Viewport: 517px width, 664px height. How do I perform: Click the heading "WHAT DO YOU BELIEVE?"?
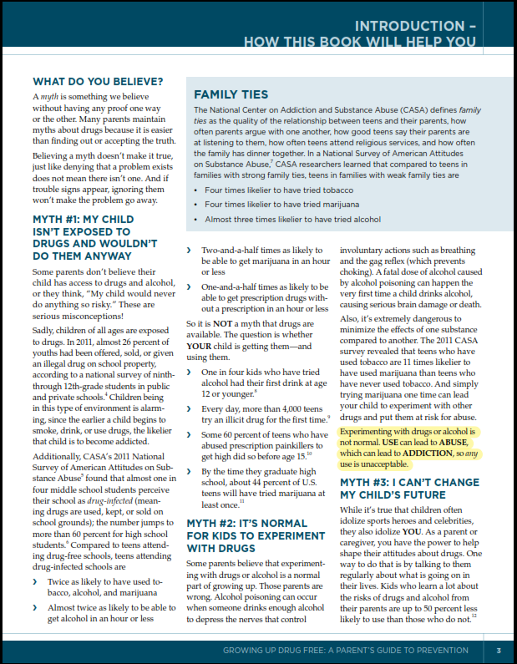pyautogui.click(x=97, y=82)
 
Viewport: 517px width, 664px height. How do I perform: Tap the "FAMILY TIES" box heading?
pyautogui.click(x=232, y=94)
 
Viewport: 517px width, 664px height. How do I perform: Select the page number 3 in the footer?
pyautogui.click(x=498, y=651)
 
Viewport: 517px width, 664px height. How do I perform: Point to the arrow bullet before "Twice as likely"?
pyautogui.click(x=37, y=580)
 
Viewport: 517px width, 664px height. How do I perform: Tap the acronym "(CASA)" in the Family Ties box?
pyautogui.click(x=405, y=109)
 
